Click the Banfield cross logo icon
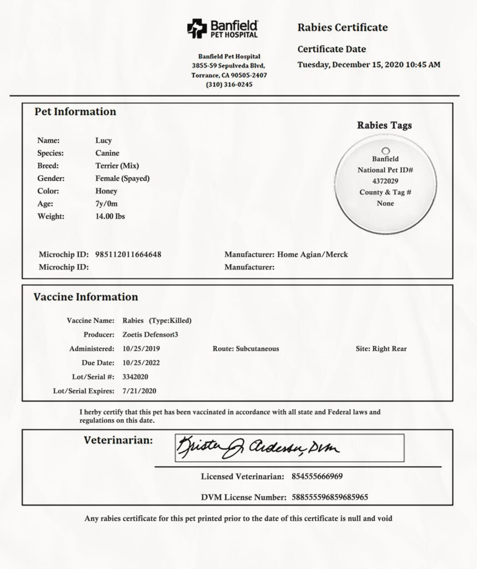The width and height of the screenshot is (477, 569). click(197, 28)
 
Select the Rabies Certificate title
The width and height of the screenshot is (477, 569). click(343, 27)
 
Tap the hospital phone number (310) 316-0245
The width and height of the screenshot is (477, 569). click(229, 84)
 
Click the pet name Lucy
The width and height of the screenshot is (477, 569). click(103, 141)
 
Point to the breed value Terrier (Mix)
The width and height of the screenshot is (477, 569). click(117, 166)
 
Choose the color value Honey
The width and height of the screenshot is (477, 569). click(106, 191)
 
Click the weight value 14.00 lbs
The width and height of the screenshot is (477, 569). click(110, 216)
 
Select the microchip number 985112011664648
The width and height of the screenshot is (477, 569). click(128, 254)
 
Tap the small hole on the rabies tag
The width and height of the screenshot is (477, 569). click(385, 150)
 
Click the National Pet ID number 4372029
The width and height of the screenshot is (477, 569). click(385, 181)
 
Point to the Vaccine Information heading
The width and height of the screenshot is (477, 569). click(86, 297)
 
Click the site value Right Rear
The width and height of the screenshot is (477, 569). click(389, 349)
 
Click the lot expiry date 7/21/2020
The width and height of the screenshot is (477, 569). click(139, 391)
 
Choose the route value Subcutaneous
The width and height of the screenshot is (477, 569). click(257, 349)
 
